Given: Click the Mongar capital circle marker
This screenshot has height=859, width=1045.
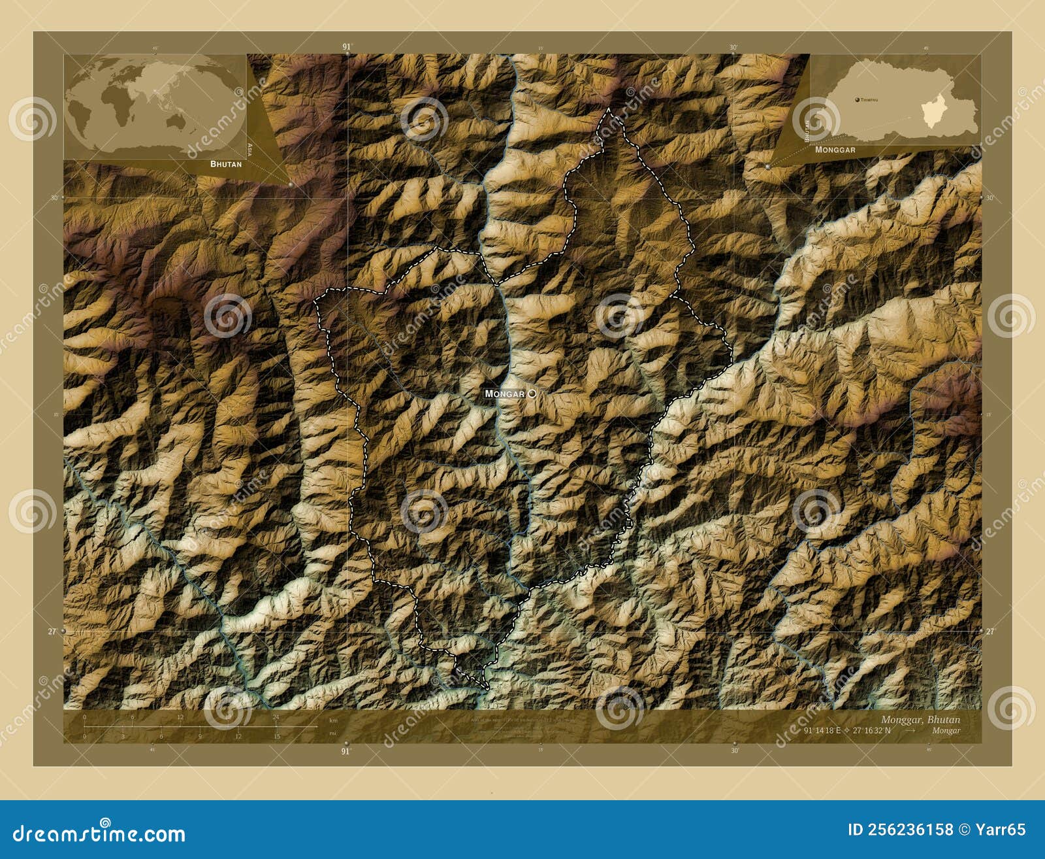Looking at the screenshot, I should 532,394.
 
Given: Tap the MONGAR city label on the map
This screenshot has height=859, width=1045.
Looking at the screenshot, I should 504,394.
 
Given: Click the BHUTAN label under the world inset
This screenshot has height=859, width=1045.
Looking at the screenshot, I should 225,164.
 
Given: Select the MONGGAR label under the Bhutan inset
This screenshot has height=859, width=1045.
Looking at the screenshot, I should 835,150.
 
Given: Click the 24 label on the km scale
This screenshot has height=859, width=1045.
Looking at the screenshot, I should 276,717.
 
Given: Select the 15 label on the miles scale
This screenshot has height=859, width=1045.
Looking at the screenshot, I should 276,736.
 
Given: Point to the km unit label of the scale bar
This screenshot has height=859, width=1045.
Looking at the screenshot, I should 333,720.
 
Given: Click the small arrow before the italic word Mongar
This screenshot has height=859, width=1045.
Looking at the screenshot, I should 910,730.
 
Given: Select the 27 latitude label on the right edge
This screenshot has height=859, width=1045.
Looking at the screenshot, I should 990,632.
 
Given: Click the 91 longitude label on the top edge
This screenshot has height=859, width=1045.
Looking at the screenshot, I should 346,46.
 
